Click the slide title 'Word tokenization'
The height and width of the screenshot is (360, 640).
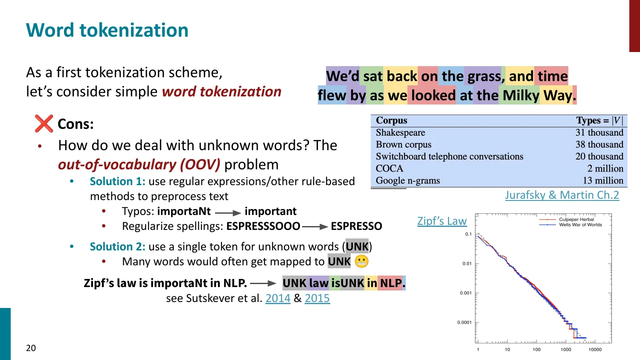tap(107, 30)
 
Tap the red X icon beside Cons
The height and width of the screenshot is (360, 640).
tap(44, 124)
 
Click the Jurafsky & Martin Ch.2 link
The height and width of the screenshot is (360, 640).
tap(562, 195)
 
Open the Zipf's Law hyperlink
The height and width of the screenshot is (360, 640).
tap(442, 221)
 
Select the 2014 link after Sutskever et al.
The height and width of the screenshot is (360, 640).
tap(278, 298)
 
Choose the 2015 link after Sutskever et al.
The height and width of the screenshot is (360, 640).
tap(317, 298)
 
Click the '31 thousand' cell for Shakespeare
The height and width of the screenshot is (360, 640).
tap(599, 133)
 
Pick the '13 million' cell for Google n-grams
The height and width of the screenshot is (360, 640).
tap(602, 180)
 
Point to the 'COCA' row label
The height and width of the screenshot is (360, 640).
tap(389, 168)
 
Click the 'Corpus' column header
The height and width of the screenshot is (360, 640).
tap(391, 120)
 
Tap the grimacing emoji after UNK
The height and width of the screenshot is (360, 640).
tap(361, 261)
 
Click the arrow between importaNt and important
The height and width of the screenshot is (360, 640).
tap(228, 212)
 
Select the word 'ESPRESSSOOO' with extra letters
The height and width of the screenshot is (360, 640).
tap(263, 226)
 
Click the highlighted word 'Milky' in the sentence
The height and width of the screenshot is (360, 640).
tap(521, 95)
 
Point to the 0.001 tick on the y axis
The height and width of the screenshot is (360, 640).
tap(465, 293)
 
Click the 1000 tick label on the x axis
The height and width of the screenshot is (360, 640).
tap(566, 349)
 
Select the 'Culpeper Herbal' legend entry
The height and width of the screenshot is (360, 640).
tap(576, 219)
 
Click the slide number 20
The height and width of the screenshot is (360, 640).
tap(31, 348)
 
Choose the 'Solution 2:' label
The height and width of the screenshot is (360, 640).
tap(117, 247)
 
